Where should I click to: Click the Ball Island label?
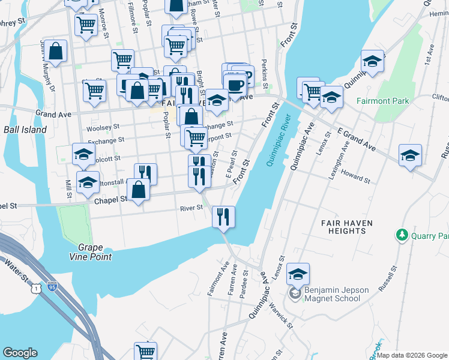click(x=25, y=130)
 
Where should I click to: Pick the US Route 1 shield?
click(x=38, y=289)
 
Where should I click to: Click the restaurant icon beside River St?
click(x=223, y=217)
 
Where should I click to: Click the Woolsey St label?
click(x=100, y=128)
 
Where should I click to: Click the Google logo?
click(x=20, y=353)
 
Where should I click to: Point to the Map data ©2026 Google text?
click(x=412, y=355)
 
